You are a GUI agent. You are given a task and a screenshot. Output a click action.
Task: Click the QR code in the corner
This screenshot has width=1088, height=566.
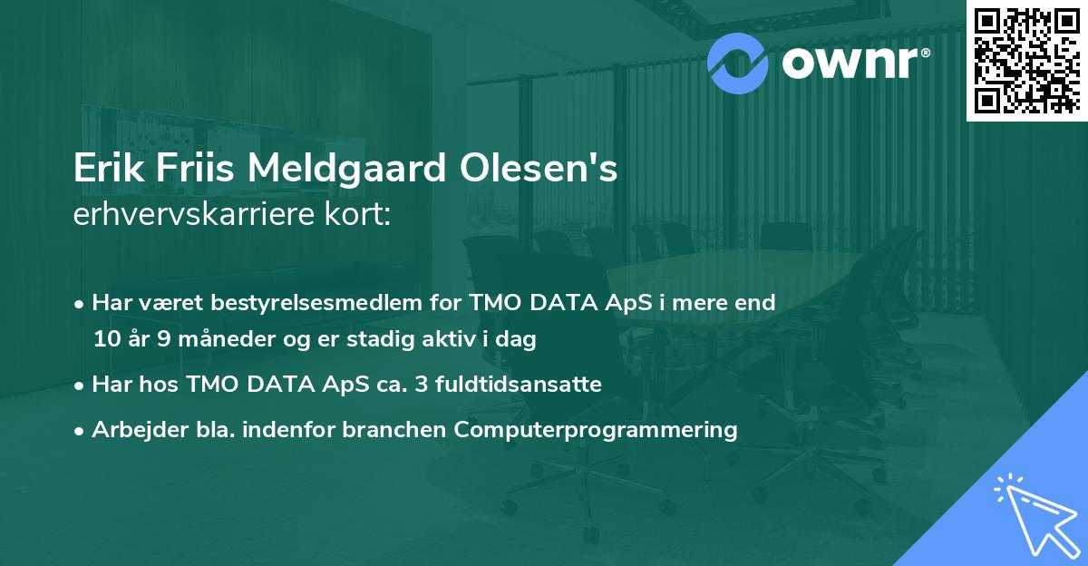tap(1027, 60)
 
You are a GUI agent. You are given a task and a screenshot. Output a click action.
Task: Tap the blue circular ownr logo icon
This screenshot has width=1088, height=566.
tap(738, 61)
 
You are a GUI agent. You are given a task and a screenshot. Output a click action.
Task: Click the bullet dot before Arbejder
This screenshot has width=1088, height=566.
tap(81, 431)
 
